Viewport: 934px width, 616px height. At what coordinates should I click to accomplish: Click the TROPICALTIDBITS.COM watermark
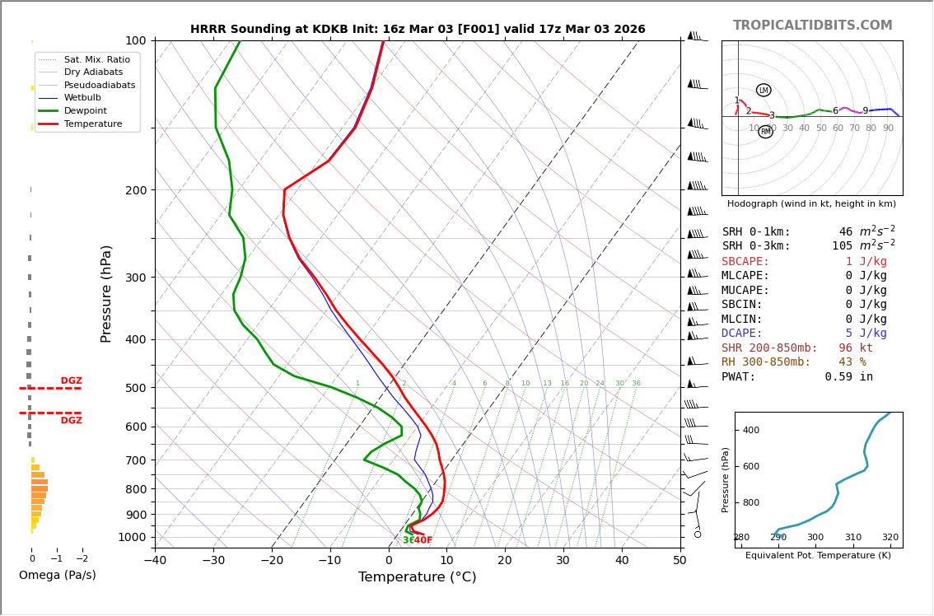pyautogui.click(x=812, y=26)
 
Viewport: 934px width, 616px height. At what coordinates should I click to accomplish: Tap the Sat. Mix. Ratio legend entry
pyautogui.click(x=96, y=59)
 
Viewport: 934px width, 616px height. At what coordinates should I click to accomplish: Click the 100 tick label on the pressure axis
pyautogui.click(x=135, y=40)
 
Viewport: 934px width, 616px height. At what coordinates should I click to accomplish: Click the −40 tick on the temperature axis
pyautogui.click(x=155, y=561)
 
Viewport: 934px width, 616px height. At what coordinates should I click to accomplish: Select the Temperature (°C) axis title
pyautogui.click(x=417, y=577)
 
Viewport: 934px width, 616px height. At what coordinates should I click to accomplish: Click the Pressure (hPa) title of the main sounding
pyautogui.click(x=106, y=293)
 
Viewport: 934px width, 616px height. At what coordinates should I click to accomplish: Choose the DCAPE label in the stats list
pyautogui.click(x=745, y=334)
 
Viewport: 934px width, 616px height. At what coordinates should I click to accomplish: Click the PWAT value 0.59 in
pyautogui.click(x=848, y=377)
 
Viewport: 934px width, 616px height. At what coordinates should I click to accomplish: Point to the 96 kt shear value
pyautogui.click(x=855, y=348)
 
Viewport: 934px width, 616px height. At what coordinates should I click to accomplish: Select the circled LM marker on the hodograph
pyautogui.click(x=764, y=91)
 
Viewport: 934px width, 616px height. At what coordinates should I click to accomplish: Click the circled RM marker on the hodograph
pyautogui.click(x=766, y=132)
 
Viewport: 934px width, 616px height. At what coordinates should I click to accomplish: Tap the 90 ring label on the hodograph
pyautogui.click(x=888, y=128)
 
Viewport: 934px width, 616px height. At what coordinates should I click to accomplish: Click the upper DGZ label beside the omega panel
pyautogui.click(x=71, y=381)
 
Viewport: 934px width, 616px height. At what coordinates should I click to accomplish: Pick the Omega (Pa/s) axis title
pyautogui.click(x=57, y=576)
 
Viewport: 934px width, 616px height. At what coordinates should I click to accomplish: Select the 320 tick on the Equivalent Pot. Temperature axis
pyautogui.click(x=890, y=538)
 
